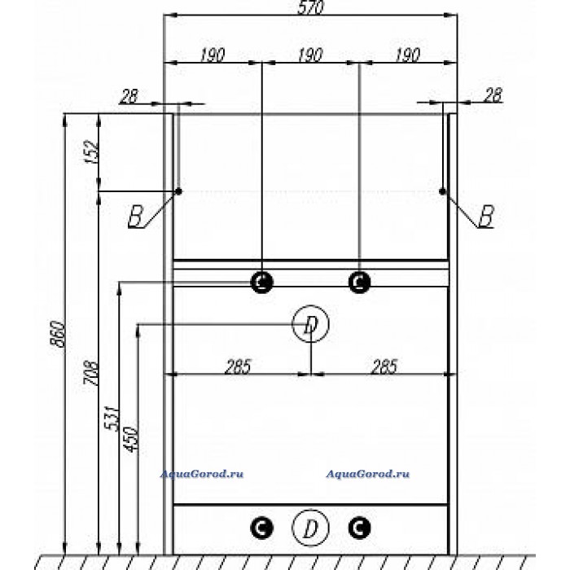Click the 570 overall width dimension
point(310,7)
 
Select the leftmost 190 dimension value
point(213,55)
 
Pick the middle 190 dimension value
point(310,55)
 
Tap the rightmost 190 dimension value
point(407,55)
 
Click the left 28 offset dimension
point(129,96)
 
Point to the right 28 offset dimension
point(493,95)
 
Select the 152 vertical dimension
point(91,151)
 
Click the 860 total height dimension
point(58,334)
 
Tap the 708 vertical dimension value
point(91,373)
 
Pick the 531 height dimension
point(112,418)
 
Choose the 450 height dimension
point(131,439)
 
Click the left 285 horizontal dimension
point(238,366)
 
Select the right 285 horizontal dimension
point(384,366)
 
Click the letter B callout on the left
point(136,217)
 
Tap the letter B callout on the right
point(486,216)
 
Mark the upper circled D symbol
point(310,323)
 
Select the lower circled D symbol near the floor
point(310,528)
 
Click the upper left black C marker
point(261,282)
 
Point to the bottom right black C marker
point(359,528)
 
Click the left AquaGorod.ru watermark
point(202,474)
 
